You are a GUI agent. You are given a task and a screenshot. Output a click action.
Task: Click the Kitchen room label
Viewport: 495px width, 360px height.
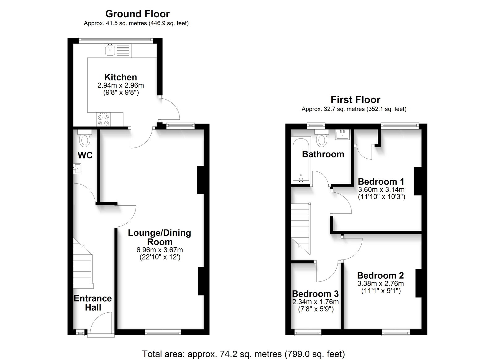[x=121, y=77]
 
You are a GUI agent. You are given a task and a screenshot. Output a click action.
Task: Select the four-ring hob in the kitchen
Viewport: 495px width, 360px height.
[x=103, y=119]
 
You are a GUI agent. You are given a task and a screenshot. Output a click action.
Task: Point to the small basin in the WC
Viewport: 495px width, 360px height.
[x=78, y=169]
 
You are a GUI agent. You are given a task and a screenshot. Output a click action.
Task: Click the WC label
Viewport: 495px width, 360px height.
[x=85, y=155]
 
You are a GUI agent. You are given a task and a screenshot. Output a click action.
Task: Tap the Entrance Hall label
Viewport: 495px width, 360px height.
[x=93, y=303]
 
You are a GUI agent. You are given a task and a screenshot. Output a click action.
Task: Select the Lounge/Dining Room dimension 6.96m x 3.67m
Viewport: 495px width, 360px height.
[x=160, y=250]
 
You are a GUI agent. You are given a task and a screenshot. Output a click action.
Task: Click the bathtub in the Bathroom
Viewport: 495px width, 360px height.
[x=301, y=160]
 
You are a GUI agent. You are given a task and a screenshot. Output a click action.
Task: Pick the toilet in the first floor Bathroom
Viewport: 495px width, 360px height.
[x=322, y=138]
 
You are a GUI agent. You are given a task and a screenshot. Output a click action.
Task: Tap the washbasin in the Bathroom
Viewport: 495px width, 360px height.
[x=342, y=135]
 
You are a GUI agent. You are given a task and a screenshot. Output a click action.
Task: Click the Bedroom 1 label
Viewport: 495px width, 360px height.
[x=381, y=182]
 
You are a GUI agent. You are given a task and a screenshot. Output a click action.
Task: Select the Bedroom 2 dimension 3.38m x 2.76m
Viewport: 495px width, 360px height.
[x=381, y=283]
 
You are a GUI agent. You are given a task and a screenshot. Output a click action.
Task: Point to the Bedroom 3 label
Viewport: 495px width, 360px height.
[x=315, y=294]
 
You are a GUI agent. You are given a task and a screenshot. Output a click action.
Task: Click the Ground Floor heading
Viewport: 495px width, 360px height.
[x=137, y=14]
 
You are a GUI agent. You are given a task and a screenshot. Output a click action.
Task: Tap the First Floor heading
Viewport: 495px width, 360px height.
[x=355, y=100]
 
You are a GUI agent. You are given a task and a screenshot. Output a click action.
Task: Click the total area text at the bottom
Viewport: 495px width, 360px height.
[x=243, y=354]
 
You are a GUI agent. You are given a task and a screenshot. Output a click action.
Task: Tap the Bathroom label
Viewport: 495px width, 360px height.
[x=323, y=154]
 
